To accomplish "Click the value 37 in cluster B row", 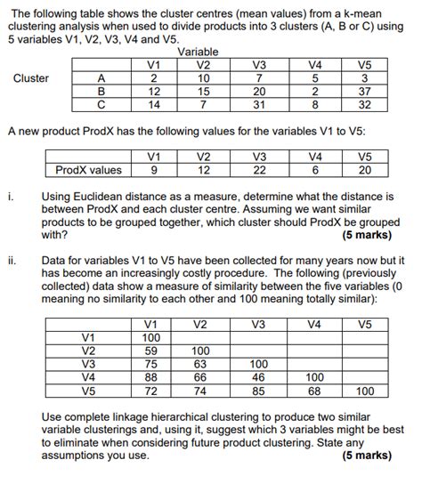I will tap(364, 90).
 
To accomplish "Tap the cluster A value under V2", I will tap(204, 77).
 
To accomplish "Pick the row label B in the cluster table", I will tap(101, 90).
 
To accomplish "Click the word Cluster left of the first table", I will tap(31, 78).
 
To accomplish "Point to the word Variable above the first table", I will tap(204, 52).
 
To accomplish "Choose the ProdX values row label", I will tap(88, 170).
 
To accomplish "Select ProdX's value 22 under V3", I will tap(259, 170).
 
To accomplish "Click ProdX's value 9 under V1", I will tap(155, 170).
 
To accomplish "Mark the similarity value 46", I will tap(258, 376).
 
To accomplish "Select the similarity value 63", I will tap(201, 364).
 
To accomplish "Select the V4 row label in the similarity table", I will tap(89, 376).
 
